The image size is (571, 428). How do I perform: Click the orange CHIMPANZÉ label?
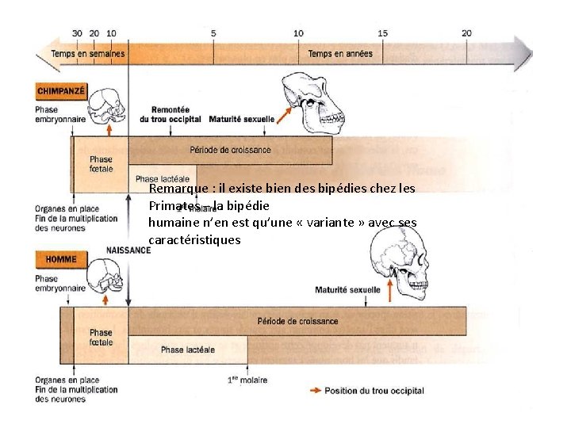tap(61, 91)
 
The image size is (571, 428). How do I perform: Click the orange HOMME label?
tap(61, 258)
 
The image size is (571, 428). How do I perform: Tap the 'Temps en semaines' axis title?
tap(87, 54)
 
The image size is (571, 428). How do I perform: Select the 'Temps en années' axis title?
tap(339, 54)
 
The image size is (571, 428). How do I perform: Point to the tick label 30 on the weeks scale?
tap(77, 33)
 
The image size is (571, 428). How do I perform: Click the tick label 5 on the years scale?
tap(213, 33)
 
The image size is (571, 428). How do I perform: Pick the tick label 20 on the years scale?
tap(466, 33)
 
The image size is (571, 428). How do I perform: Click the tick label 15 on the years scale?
tap(382, 33)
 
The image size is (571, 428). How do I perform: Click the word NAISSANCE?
tap(128, 250)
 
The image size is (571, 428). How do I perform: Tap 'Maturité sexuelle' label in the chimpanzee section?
tap(241, 120)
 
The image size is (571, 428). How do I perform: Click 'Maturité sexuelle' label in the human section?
tap(347, 290)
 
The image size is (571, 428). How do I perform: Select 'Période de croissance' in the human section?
tap(297, 321)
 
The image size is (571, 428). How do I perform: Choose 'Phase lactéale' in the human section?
tap(184, 350)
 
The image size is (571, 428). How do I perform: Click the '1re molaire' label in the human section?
tap(247, 380)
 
